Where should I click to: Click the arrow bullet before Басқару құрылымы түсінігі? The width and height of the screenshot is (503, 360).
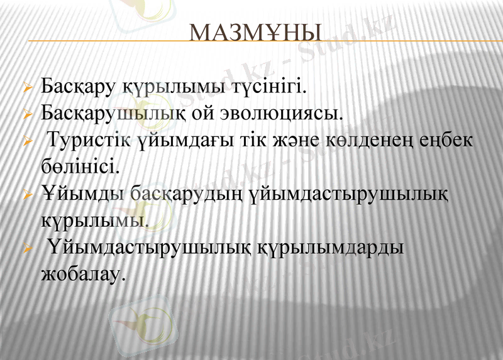click(x=27, y=87)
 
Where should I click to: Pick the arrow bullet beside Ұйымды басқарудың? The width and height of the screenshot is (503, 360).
click(x=27, y=195)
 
